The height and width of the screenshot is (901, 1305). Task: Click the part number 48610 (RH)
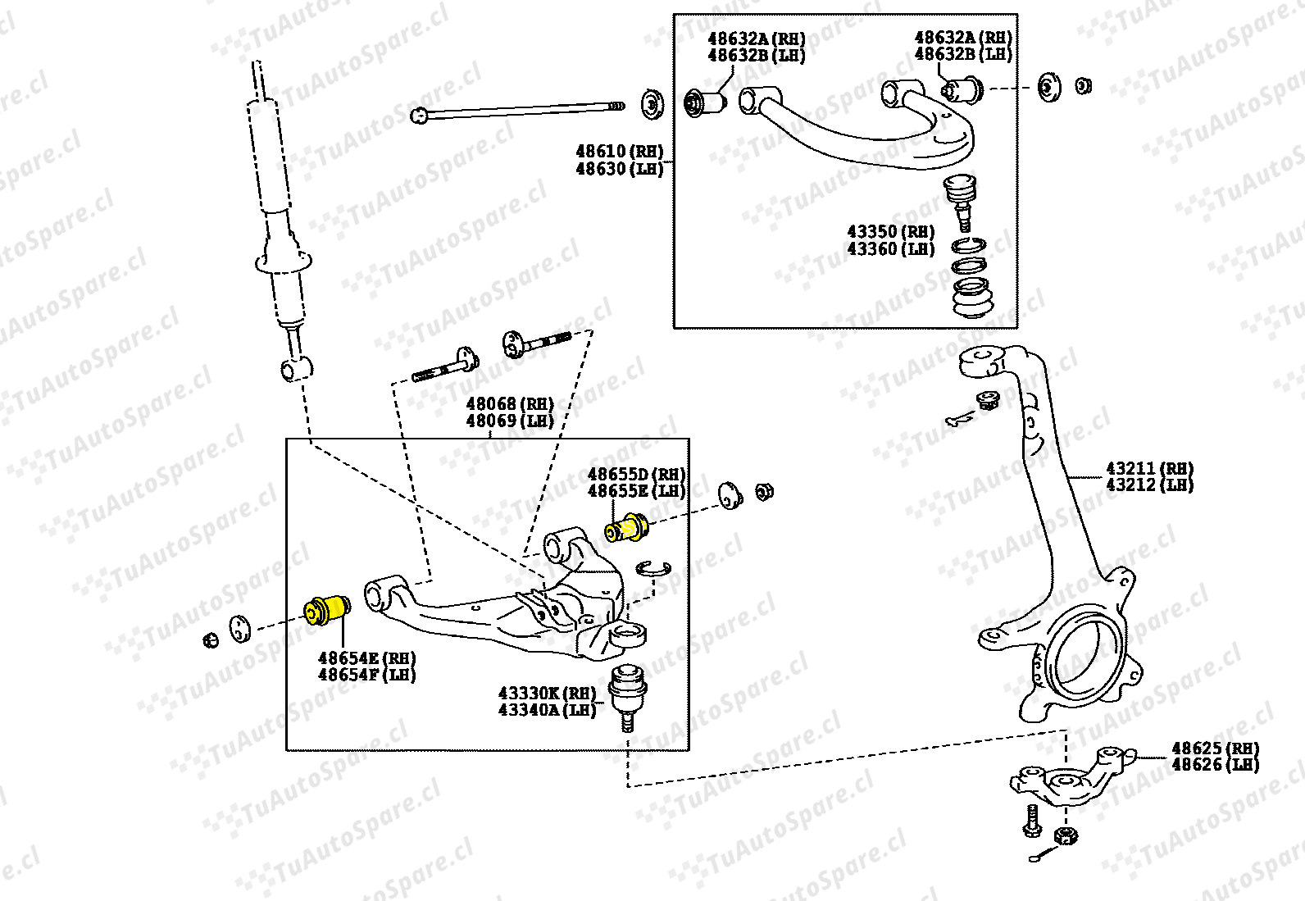(619, 152)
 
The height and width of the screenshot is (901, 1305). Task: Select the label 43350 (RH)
(890, 232)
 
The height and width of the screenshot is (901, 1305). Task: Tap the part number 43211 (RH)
(1149, 469)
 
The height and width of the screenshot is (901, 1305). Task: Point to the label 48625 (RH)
(1215, 749)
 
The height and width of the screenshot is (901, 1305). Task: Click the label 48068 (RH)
(510, 404)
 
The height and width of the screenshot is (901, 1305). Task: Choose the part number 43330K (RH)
(547, 694)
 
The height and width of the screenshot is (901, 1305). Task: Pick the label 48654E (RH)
(366, 658)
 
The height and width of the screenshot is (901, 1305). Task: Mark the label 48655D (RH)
(636, 475)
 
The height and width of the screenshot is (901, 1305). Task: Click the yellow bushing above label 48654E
(326, 609)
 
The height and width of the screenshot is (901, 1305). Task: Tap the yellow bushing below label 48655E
(627, 527)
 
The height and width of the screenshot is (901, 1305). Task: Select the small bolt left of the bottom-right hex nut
(1032, 821)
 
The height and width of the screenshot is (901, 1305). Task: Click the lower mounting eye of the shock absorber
(295, 368)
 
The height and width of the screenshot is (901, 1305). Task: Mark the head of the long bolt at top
(419, 115)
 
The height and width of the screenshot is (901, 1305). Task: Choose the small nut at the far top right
(1082, 85)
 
